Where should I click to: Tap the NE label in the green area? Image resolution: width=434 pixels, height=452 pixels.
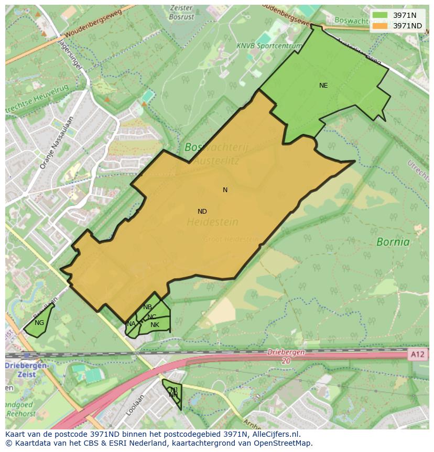[x=323, y=85]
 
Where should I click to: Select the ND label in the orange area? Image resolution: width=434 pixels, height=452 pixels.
[x=202, y=212]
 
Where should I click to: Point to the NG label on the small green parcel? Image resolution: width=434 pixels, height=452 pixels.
[x=39, y=323]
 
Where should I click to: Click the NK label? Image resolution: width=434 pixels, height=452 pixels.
[x=155, y=325]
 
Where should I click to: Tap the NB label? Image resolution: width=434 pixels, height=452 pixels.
[x=147, y=307]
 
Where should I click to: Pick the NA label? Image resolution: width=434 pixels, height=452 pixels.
[x=131, y=324]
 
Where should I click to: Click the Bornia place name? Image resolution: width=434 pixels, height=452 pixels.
[x=393, y=242]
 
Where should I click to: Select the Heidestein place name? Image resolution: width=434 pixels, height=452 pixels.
[x=212, y=222]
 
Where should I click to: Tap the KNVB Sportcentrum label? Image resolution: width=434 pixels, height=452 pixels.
[x=269, y=46]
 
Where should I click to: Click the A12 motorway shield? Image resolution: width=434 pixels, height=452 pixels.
[x=418, y=355]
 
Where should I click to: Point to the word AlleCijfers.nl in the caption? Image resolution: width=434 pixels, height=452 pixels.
[x=274, y=434]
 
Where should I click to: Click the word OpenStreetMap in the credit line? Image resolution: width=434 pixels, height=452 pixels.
[x=279, y=443]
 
